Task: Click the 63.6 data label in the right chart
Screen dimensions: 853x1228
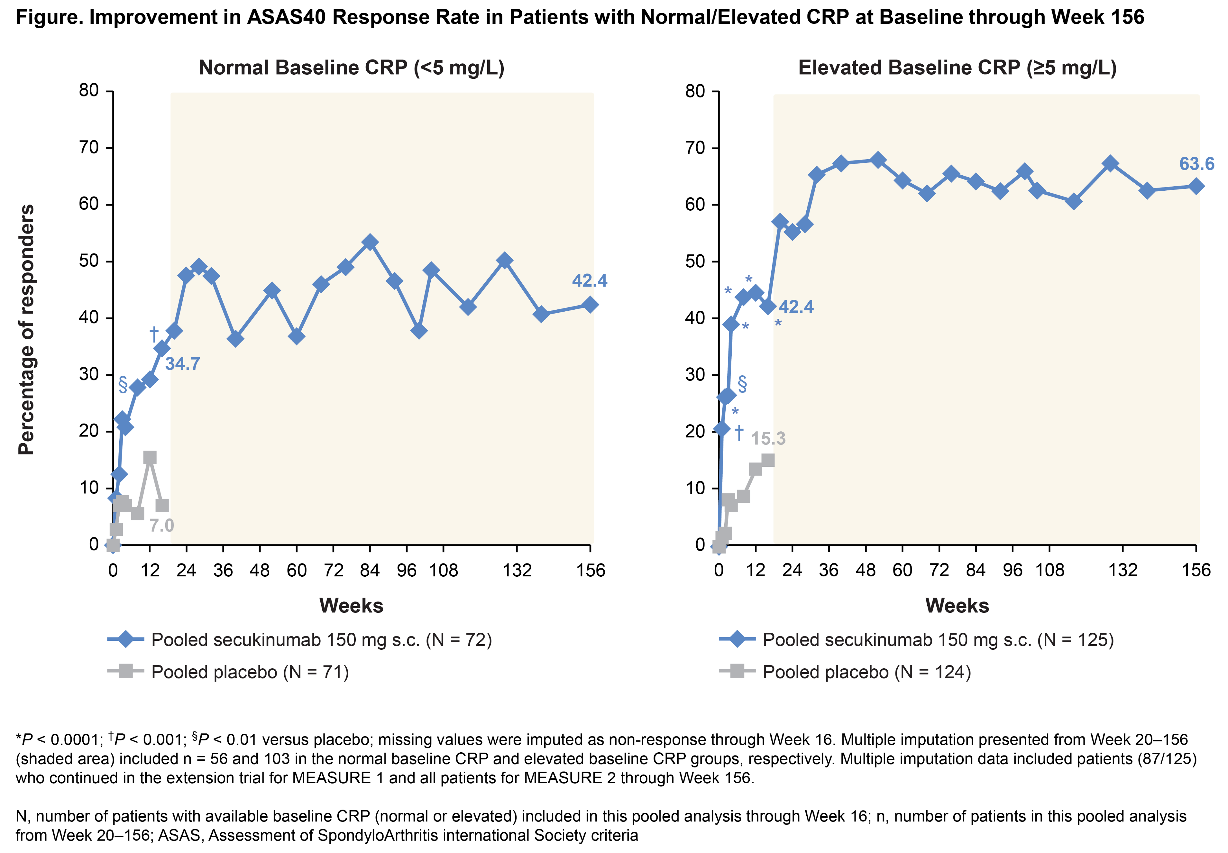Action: (1196, 164)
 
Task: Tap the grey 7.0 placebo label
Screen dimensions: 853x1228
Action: (161, 525)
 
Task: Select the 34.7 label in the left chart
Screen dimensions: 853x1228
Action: (182, 364)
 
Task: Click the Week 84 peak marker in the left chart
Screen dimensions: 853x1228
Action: (370, 242)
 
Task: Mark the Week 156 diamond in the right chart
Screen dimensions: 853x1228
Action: (1196, 186)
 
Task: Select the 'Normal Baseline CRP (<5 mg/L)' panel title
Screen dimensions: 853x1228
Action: (351, 68)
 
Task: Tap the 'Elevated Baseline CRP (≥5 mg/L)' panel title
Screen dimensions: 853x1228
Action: (957, 68)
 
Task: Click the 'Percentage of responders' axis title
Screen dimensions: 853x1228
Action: (26, 329)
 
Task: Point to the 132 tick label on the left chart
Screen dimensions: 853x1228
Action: (517, 571)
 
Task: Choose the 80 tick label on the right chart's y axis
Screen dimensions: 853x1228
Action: (695, 91)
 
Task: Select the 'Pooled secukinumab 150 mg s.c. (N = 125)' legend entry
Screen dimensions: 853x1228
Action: (938, 640)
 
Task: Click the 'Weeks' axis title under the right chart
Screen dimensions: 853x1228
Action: (957, 605)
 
